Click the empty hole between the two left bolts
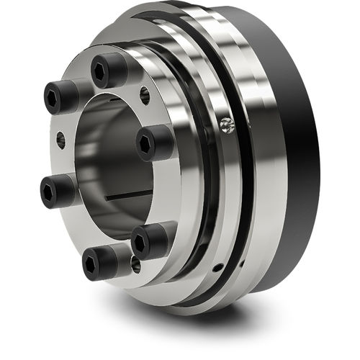[60, 141]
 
